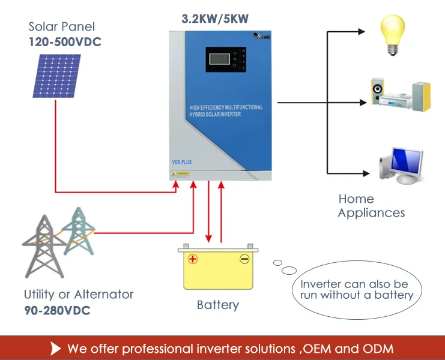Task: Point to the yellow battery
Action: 217,268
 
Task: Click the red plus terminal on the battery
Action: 193,259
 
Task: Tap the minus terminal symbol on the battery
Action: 244,259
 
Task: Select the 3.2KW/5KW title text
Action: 215,19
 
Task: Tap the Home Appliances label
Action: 371,206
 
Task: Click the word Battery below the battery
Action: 217,305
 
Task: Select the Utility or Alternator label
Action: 79,295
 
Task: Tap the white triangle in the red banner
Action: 56,348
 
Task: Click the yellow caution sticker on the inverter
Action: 180,173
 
